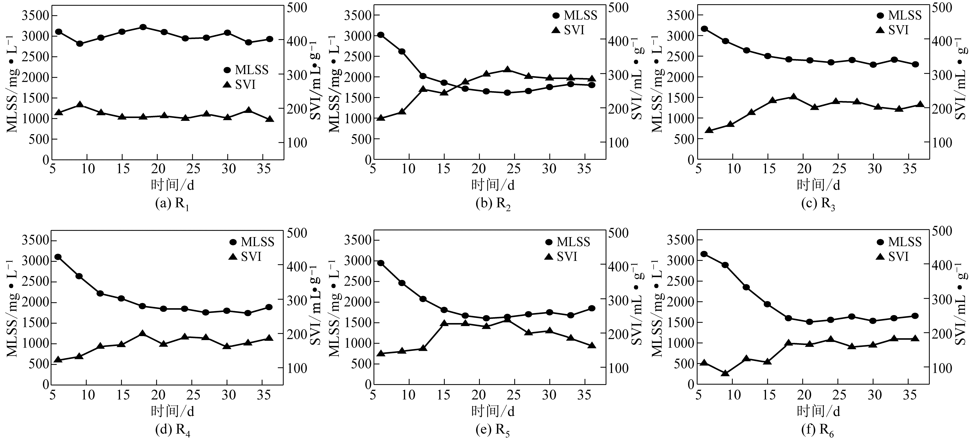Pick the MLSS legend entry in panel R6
pyautogui.click(x=898, y=242)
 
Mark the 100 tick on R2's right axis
pyautogui.click(x=618, y=143)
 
